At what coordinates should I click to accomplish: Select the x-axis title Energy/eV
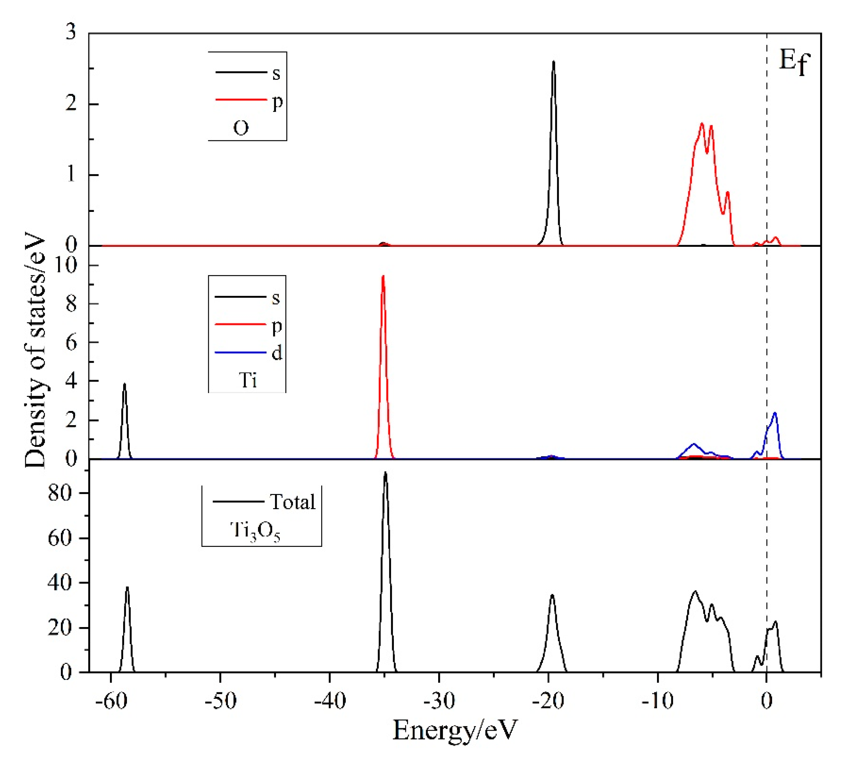coord(454,730)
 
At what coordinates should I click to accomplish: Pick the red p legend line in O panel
coord(241,100)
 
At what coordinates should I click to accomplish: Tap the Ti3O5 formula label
coord(255,531)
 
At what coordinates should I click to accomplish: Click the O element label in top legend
coord(240,128)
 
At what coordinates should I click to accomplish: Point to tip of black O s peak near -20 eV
coord(553,62)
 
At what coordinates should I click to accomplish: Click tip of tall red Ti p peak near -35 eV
coord(383,276)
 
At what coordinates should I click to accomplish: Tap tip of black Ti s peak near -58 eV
coord(124,384)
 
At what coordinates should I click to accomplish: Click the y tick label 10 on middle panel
coord(66,265)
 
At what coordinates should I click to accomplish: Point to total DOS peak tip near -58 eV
coord(127,587)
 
